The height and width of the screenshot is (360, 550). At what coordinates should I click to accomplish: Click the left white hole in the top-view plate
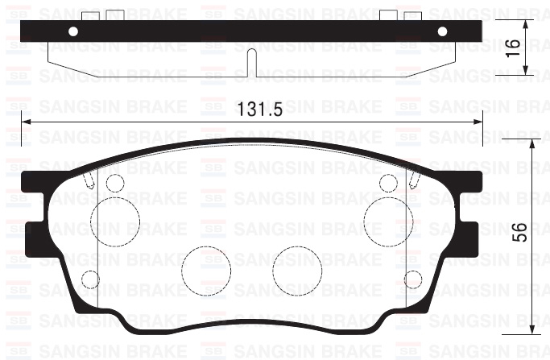pyautogui.click(x=73, y=31)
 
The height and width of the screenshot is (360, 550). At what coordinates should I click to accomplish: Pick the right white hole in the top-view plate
pyautogui.click(x=441, y=31)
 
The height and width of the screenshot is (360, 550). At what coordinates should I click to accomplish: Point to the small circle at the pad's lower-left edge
pyautogui.click(x=91, y=279)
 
